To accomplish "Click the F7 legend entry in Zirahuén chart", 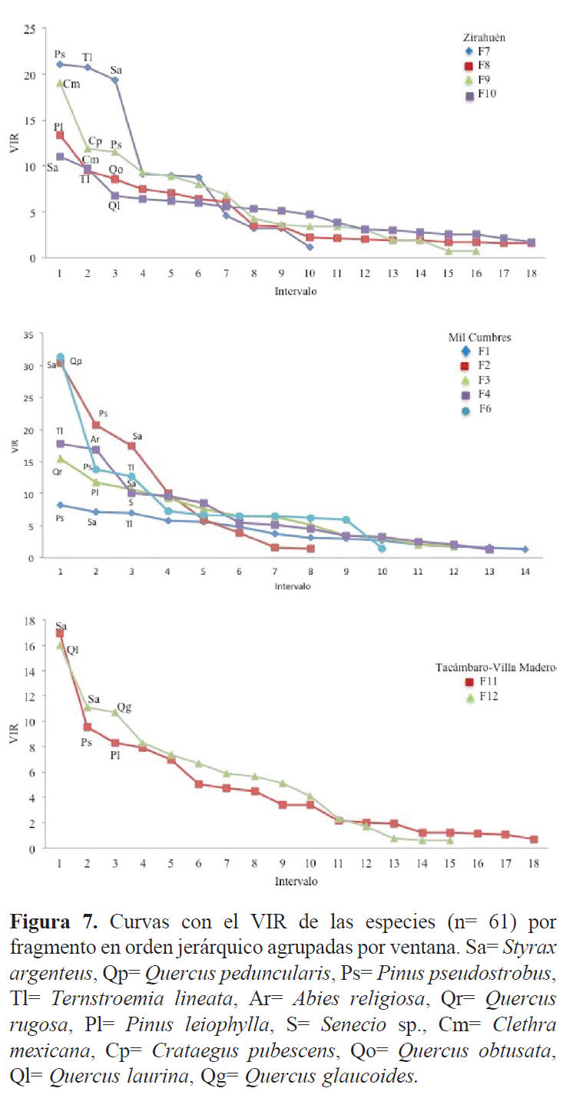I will tap(482, 51).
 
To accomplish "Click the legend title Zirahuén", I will tap(484, 36).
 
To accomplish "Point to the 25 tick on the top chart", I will tap(29, 29).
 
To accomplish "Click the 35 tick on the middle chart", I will tap(29, 335).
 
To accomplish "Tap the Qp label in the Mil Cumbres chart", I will tap(76, 361).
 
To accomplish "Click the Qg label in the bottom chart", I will tap(124, 707).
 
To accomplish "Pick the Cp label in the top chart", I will tap(95, 141).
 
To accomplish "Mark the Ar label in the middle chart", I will tap(95, 440).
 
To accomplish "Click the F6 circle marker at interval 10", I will tap(382, 548).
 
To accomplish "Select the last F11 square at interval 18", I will tap(533, 839).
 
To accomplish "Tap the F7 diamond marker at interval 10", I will tap(310, 247).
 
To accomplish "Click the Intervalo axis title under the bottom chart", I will tap(296, 882).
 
